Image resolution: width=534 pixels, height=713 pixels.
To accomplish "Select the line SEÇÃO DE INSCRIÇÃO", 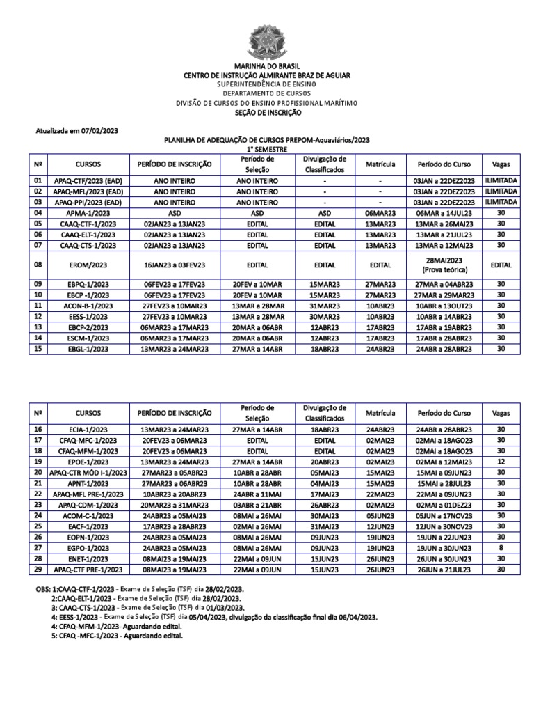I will point(267,111).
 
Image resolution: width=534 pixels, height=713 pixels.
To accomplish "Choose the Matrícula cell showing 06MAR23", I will point(380,212).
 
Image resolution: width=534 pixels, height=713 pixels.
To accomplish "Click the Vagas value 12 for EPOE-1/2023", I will point(500,461).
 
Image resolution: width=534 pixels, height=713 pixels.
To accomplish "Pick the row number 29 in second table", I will point(38,570).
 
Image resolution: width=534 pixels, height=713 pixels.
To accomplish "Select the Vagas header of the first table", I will point(500,164).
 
